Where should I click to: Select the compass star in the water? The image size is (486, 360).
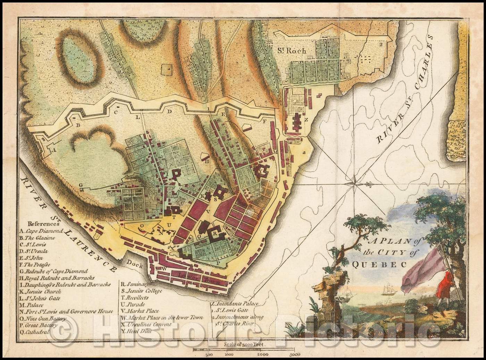354,181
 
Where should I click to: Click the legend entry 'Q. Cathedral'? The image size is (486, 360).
34,332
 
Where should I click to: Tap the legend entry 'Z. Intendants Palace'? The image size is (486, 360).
235,304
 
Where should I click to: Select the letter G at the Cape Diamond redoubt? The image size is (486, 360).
80,185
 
